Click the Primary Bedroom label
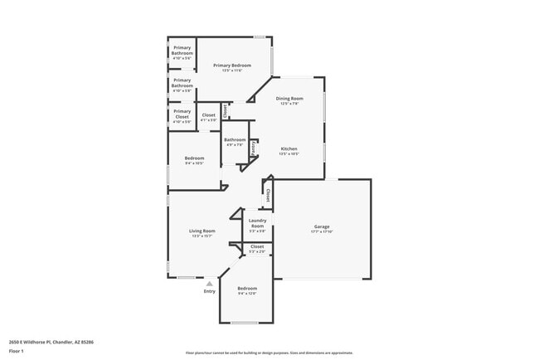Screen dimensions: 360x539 [x=232, y=65]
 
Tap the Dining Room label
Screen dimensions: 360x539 [x=289, y=98]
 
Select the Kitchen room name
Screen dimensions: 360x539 [x=289, y=148]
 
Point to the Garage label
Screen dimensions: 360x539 [x=322, y=226]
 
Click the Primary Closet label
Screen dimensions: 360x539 [x=182, y=114]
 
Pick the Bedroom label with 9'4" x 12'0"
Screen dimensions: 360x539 [x=247, y=288]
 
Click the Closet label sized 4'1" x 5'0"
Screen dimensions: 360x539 [x=208, y=115]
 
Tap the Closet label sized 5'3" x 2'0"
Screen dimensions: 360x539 [x=257, y=246]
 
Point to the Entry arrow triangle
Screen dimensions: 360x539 [x=209, y=284]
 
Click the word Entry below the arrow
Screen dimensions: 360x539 [x=209, y=291]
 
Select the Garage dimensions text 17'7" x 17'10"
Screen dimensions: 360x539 [x=322, y=232]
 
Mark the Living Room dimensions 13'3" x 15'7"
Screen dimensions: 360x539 [x=202, y=236]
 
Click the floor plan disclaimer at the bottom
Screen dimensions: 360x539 [x=269, y=353]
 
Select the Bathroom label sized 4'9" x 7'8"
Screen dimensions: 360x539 [x=235, y=139]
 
